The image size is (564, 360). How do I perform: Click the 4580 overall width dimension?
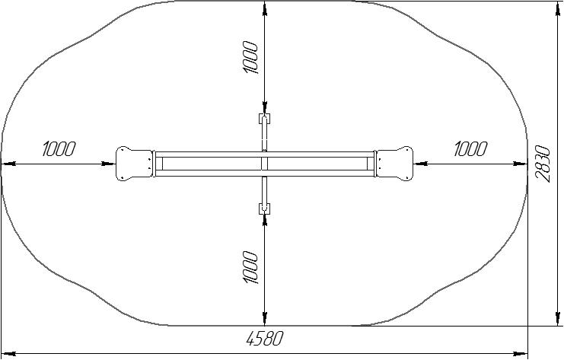265,338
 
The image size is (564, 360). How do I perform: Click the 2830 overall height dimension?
543,164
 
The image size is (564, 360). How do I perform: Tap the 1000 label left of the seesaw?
59,149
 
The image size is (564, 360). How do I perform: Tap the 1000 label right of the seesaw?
470,149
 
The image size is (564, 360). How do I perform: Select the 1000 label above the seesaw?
250,58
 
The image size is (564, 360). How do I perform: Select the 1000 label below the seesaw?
250,267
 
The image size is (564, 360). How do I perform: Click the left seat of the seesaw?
135,164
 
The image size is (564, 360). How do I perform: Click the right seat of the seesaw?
394,164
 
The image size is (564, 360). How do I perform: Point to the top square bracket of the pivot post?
264,118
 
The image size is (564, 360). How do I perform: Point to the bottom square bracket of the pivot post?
264,209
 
